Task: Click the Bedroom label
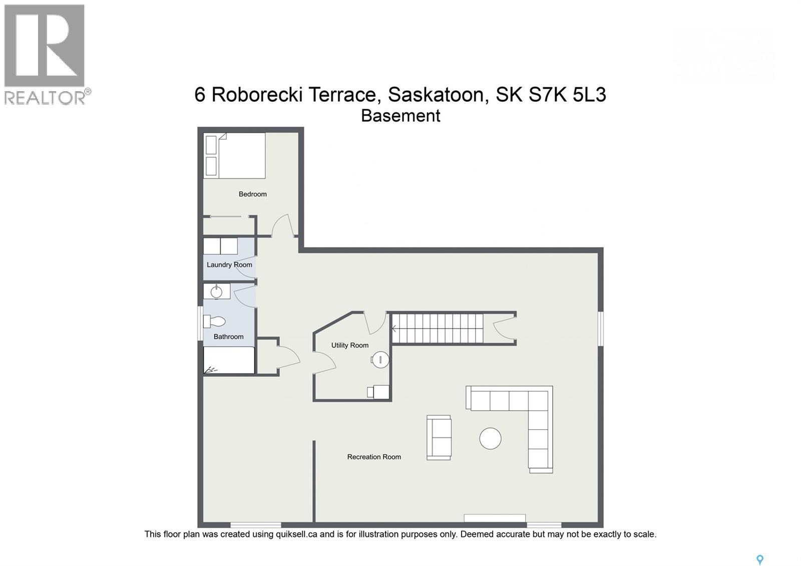pos(252,194)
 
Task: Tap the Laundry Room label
pos(229,264)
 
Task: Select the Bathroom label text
pos(228,337)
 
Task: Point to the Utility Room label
pos(349,345)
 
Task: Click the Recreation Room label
pos(374,457)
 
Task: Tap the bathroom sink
pos(216,292)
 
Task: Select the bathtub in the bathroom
pos(229,360)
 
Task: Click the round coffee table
pos(490,438)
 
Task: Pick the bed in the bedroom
pos(234,155)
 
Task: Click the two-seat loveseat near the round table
pos(439,437)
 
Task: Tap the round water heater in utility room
pos(380,359)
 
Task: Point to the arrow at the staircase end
pos(394,329)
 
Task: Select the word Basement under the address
pos(400,116)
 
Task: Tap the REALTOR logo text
pos(45,97)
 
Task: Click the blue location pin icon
pos(759,559)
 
